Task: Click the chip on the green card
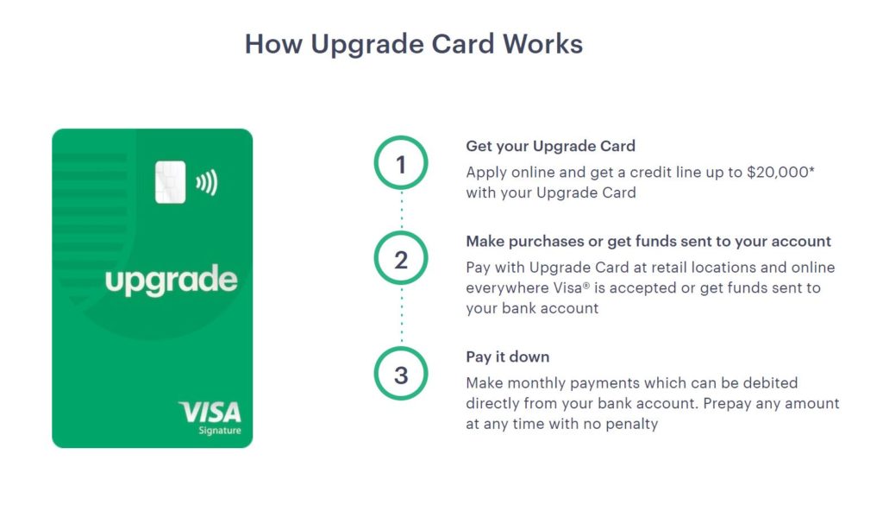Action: (170, 182)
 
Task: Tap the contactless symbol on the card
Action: (207, 183)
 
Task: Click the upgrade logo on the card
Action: (172, 281)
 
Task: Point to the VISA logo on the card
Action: (210, 413)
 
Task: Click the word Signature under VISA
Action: (220, 431)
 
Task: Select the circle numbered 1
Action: (401, 163)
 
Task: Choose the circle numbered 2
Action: (401, 258)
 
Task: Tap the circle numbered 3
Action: (401, 374)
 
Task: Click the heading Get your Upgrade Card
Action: (550, 146)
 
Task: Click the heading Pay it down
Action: (507, 357)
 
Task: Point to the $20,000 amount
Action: (780, 172)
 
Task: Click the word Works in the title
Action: (542, 44)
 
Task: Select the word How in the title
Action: (273, 44)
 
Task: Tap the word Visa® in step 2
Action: (571, 287)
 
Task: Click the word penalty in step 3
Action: (631, 424)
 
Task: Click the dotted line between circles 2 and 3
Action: (402, 316)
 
